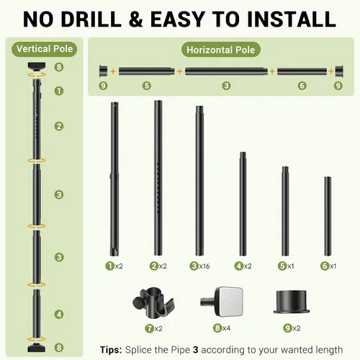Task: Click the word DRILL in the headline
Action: pyautogui.click(x=91, y=19)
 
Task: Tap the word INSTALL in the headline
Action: pyautogui.click(x=292, y=19)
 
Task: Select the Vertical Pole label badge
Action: pyautogui.click(x=45, y=49)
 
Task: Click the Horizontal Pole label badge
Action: pyautogui.click(x=221, y=50)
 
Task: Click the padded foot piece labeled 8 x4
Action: pyautogui.click(x=222, y=302)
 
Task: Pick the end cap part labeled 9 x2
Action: pyautogui.click(x=292, y=302)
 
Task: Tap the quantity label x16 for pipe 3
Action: pyautogui.click(x=204, y=266)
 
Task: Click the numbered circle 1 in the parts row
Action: pyautogui.click(x=110, y=266)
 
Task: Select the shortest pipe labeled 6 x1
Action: pyautogui.click(x=328, y=216)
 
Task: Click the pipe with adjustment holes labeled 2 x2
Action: pyautogui.click(x=158, y=178)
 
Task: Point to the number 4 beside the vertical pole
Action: pyautogui.click(x=59, y=314)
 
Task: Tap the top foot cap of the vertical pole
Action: pyautogui.click(x=37, y=66)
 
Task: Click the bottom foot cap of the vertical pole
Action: pyautogui.click(x=37, y=347)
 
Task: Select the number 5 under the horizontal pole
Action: pyautogui.click(x=147, y=86)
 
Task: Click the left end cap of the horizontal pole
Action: pyautogui.click(x=104, y=71)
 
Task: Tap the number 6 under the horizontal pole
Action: pyautogui.click(x=302, y=86)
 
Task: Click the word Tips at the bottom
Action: pyautogui.click(x=111, y=350)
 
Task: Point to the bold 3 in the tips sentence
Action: pyautogui.click(x=196, y=350)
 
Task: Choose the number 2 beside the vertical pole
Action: pyautogui.click(x=59, y=126)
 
